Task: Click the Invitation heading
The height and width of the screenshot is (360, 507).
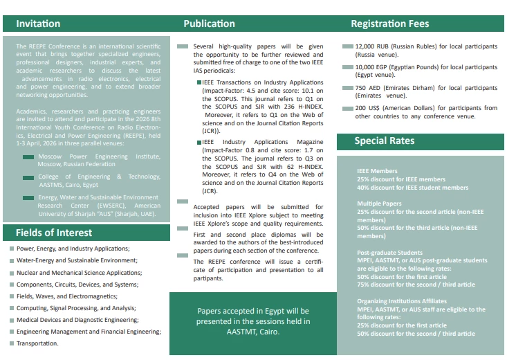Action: coord(38,24)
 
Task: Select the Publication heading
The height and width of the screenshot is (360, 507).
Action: coord(209,24)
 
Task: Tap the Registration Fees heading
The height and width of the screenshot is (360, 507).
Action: coord(389,24)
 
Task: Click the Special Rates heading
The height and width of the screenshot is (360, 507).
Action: coord(385,141)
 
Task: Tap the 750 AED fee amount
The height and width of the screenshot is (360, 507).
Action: coord(367,88)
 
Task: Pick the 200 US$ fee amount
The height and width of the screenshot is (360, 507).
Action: coord(369,108)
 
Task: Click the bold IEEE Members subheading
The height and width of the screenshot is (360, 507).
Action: coord(377,171)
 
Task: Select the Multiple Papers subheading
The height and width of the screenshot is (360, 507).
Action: coord(380,204)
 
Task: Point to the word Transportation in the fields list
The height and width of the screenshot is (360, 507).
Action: coord(37,343)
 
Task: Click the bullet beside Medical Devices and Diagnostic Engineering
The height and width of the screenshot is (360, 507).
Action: coord(12,320)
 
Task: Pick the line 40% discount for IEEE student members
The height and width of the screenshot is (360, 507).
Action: coord(412,187)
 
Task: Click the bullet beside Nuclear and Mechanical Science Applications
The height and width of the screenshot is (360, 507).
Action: coord(12,273)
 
